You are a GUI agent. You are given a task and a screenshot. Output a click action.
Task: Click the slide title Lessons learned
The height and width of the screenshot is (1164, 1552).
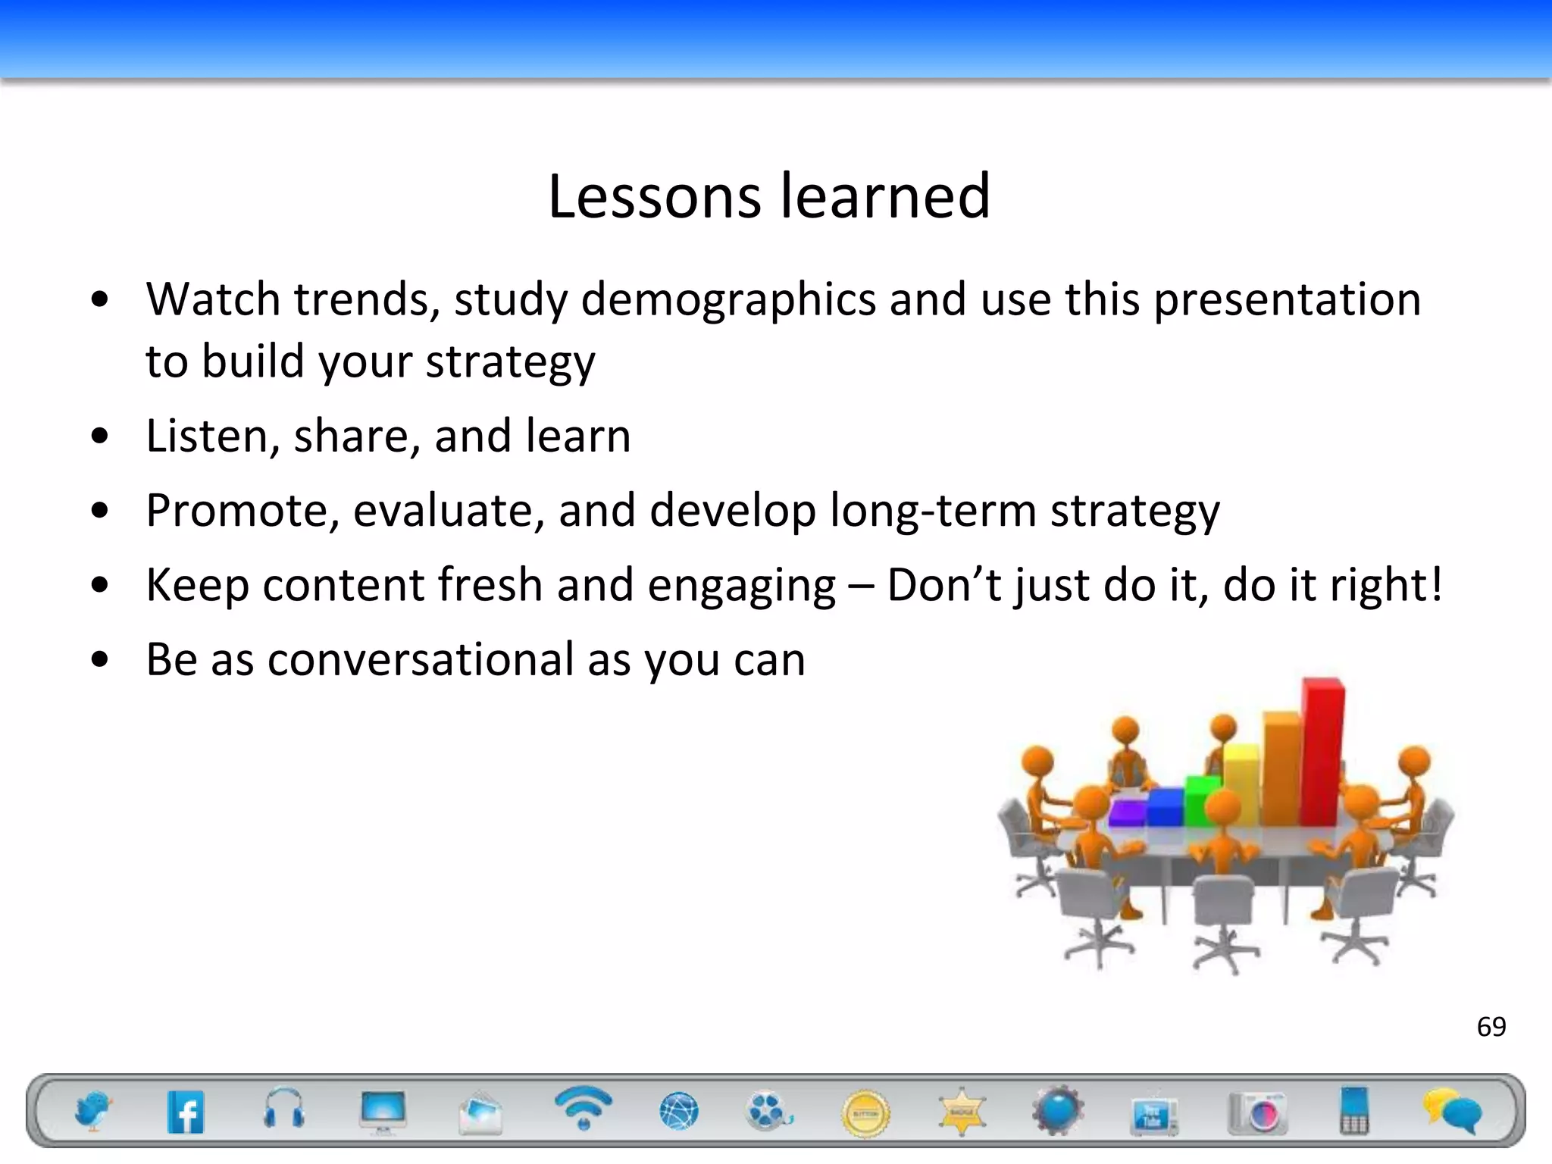(768, 196)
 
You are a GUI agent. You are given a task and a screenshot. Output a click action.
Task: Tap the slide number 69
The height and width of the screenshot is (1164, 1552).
(1491, 1027)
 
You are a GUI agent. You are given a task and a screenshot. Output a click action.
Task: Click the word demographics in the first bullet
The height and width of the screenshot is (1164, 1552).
(728, 299)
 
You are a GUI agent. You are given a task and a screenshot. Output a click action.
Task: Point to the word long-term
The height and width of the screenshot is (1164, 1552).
(933, 510)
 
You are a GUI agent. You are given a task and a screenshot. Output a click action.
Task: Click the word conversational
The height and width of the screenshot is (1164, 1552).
(421, 659)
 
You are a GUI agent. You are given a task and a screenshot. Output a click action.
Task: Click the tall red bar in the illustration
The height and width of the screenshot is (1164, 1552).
(1322, 750)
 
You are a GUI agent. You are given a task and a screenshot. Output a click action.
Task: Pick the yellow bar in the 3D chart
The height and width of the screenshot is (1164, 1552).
(1241, 784)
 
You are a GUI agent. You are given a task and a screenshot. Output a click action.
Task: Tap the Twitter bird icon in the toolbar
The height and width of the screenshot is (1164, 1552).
(93, 1112)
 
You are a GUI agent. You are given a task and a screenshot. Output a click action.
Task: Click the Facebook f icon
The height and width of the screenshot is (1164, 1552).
(186, 1112)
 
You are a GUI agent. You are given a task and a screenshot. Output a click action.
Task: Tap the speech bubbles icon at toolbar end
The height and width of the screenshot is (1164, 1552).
(1450, 1112)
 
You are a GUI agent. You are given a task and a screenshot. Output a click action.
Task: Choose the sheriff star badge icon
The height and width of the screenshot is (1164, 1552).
(961, 1112)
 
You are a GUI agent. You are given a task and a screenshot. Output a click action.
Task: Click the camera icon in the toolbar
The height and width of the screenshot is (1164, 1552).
(1258, 1112)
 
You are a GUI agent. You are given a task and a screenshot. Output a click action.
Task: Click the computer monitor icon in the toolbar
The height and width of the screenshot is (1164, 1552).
(383, 1112)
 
